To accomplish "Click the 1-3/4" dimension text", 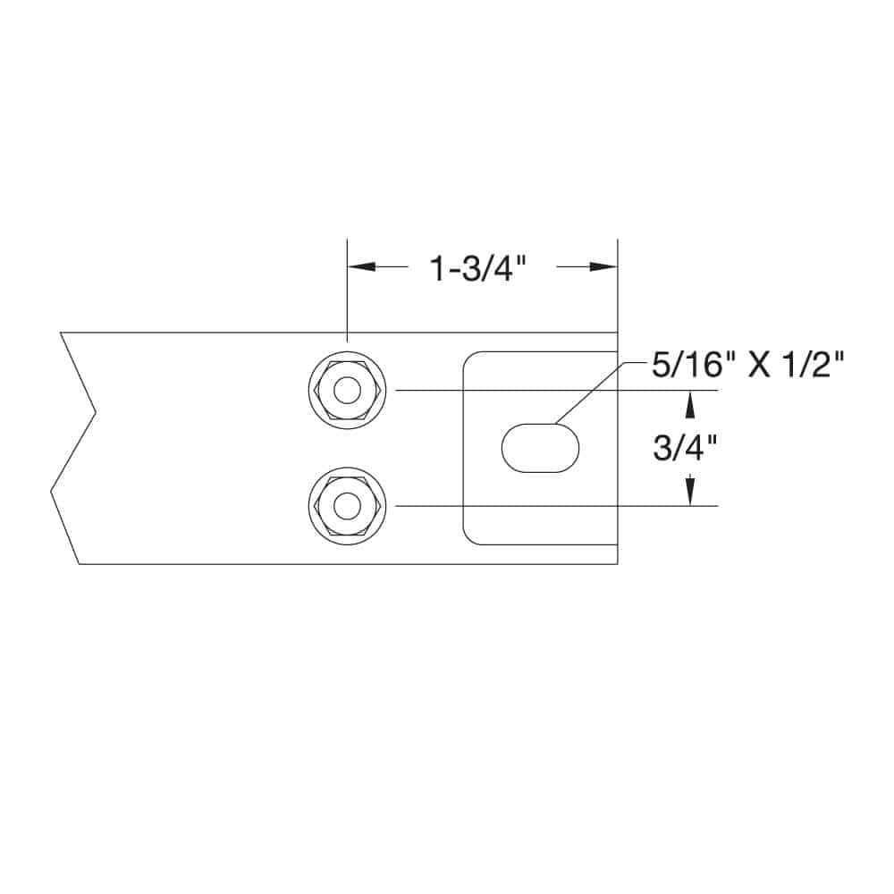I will click(474, 267).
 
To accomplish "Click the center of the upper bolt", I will click(347, 391).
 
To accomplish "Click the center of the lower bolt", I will click(347, 506).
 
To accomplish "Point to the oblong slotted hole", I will click(540, 447).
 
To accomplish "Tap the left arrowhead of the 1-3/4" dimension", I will click(361, 266).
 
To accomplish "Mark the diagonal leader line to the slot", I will click(588, 392).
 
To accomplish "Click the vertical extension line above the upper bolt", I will click(347, 295).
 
